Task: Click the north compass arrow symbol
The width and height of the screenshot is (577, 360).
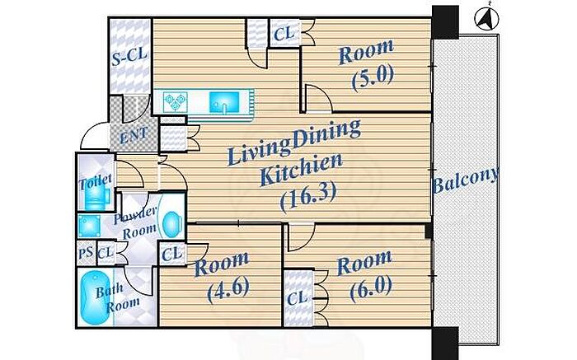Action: click(x=486, y=19)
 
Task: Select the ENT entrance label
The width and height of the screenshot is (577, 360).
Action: click(x=134, y=135)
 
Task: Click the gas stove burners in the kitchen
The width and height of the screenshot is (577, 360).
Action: click(x=175, y=102)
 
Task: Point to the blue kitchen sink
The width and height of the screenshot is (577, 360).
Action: click(x=224, y=101)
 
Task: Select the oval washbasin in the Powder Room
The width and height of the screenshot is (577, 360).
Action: click(x=171, y=225)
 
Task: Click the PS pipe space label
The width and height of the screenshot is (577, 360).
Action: click(x=86, y=252)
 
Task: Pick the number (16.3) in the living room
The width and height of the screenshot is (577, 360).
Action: click(x=307, y=197)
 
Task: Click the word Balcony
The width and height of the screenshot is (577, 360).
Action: click(x=466, y=180)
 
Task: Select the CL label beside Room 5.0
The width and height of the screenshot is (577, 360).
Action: click(x=284, y=35)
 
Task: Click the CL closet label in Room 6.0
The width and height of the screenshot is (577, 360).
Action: click(x=297, y=298)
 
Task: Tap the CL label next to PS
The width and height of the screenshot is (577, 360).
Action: click(x=106, y=252)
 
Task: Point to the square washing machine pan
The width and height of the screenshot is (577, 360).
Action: click(x=89, y=226)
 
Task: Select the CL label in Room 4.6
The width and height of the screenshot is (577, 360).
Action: click(x=171, y=254)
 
